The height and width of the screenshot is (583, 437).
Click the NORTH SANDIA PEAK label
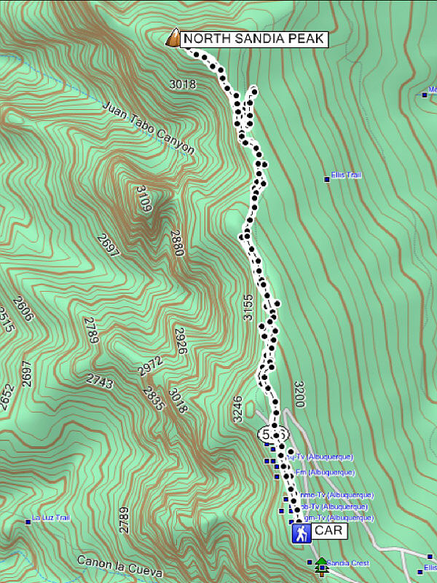tap(252, 39)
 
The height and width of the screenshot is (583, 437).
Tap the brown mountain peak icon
tap(173, 38)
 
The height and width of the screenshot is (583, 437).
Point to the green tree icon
tap(320, 566)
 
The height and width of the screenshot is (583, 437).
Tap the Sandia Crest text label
tap(348, 563)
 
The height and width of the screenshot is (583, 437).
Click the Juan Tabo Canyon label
tap(149, 127)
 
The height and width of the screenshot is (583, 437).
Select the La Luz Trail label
tap(51, 518)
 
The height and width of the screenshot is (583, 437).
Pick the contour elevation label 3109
tap(144, 199)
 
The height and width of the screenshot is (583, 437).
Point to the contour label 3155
tap(248, 307)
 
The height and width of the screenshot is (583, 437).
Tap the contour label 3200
tap(299, 394)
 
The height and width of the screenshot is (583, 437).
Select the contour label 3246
tap(237, 410)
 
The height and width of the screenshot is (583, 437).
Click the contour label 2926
tap(181, 341)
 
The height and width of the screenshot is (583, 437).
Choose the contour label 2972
tap(149, 366)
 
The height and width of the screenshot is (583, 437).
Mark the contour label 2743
tap(100, 379)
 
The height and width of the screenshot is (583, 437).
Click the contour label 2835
tap(154, 399)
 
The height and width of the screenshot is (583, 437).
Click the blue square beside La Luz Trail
tap(28, 521)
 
